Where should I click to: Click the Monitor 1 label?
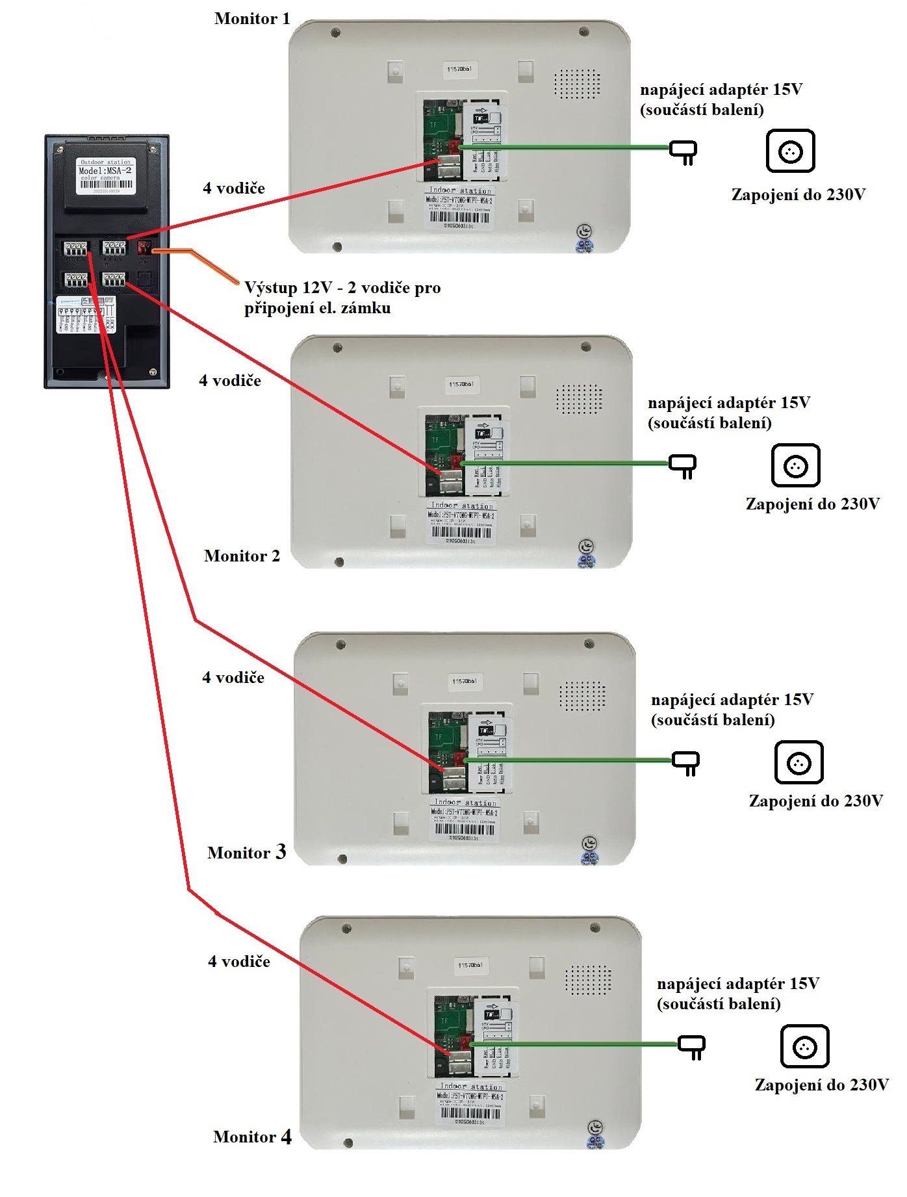[x=252, y=19]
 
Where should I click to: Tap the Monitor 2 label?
[x=242, y=556]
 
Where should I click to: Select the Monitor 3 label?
[x=246, y=853]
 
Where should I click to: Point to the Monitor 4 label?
[x=252, y=1137]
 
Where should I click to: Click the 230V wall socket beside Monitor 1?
[x=790, y=151]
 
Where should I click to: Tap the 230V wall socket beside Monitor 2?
[x=795, y=465]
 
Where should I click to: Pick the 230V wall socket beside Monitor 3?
[x=798, y=762]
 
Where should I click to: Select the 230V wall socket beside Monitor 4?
[x=804, y=1046]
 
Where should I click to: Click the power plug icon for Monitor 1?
[x=683, y=152]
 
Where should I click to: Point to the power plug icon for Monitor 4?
[x=692, y=1046]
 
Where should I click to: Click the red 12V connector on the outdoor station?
[x=144, y=248]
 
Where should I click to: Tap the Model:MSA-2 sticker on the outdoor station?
[x=105, y=175]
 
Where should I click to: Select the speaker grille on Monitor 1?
[x=576, y=84]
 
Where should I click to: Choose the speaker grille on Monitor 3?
[x=582, y=696]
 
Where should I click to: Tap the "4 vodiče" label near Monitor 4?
[x=239, y=962]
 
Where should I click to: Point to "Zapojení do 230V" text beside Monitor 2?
[x=812, y=504]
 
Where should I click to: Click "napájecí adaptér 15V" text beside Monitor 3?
[x=732, y=700]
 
